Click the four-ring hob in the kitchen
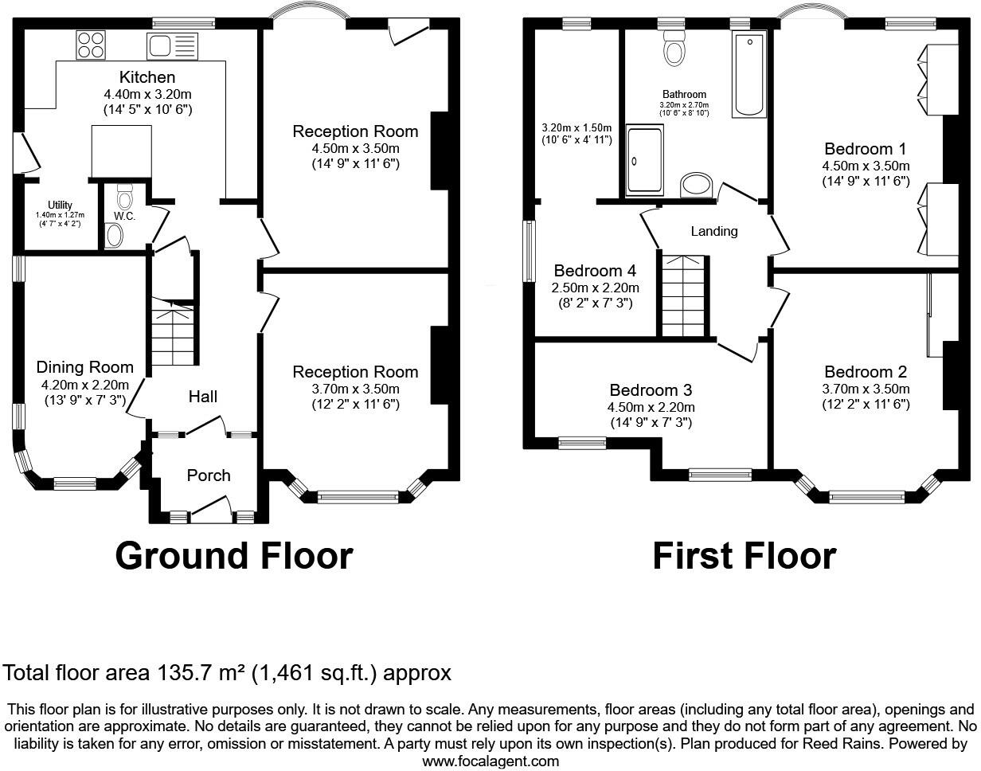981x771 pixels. pyautogui.click(x=92, y=44)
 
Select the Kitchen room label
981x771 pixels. pyautogui.click(x=147, y=77)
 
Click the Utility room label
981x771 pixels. pyautogui.click(x=60, y=205)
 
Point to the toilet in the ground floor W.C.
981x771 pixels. pyautogui.click(x=124, y=195)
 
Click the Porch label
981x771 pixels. pyautogui.click(x=209, y=476)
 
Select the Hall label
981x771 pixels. pyautogui.click(x=202, y=397)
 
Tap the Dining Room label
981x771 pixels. pyautogui.click(x=85, y=367)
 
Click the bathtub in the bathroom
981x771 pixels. pyautogui.click(x=748, y=76)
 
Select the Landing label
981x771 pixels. pyautogui.click(x=713, y=231)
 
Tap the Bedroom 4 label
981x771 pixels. pyautogui.click(x=596, y=271)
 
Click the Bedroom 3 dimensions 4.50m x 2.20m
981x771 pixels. pyautogui.click(x=651, y=407)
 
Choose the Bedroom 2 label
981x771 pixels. pyautogui.click(x=866, y=372)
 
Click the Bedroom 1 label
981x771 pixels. pyautogui.click(x=866, y=149)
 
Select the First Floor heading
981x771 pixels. pyautogui.click(x=744, y=555)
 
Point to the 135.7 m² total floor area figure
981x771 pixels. pyautogui.click(x=199, y=673)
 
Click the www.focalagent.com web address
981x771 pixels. pyautogui.click(x=490, y=761)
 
